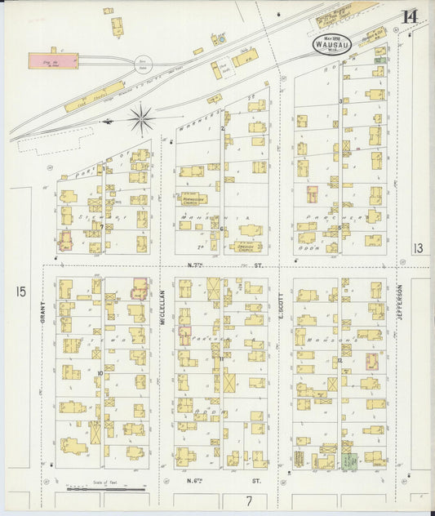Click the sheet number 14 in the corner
coord(409,16)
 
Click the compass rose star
coord(141,120)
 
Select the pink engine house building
coord(54,60)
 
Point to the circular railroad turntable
coord(144,62)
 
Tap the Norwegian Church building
coord(193,198)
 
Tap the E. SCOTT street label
coord(280,305)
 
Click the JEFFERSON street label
coord(400,302)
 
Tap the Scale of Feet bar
coord(99,489)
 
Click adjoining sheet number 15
coord(20,291)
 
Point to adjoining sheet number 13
coord(418,248)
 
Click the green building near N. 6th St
coord(348,460)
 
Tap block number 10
coord(100,373)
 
